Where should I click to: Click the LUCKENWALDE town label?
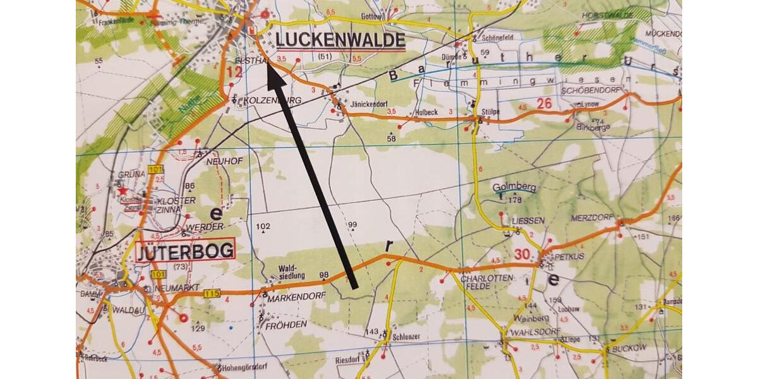340,40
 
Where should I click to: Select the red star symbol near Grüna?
123,189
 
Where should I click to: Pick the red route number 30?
522,255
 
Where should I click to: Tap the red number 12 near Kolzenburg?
234,73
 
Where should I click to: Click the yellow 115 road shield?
212,293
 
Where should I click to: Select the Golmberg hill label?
514,188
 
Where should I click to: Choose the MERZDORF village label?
592,217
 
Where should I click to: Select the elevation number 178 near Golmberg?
517,200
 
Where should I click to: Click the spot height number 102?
263,226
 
